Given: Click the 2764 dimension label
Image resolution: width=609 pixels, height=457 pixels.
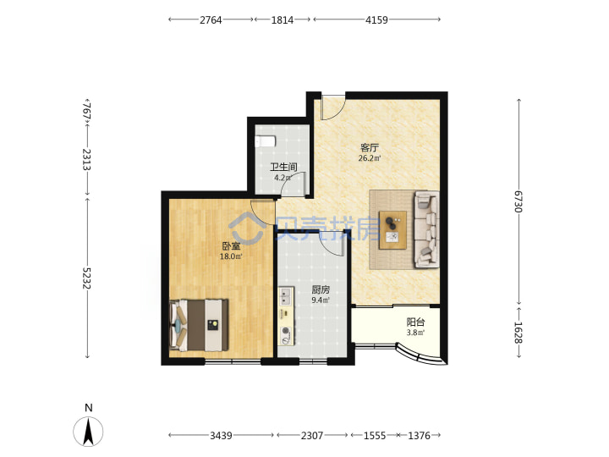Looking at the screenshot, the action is (x=211, y=19).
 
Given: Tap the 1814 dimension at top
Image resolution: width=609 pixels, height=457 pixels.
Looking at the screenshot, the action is (x=283, y=19).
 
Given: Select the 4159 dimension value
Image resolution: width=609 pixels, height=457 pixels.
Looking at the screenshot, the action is (x=376, y=19).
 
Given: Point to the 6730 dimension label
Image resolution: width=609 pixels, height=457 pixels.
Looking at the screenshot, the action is (x=518, y=201).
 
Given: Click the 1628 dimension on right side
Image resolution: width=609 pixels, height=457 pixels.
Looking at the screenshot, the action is (x=518, y=333).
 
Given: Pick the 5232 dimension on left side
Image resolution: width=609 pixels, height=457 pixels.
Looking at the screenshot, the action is (x=86, y=278).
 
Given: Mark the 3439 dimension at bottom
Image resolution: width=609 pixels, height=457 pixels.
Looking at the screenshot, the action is (x=221, y=436).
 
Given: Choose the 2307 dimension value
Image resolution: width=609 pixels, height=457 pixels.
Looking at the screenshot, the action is (x=312, y=436).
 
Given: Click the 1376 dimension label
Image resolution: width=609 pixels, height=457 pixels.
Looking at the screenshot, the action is (x=419, y=436).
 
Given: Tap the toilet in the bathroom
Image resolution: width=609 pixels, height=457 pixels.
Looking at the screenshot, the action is (x=266, y=141).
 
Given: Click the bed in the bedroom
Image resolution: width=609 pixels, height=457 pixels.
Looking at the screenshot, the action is (x=199, y=325).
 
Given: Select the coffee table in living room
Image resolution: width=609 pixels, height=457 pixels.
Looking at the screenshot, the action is (x=392, y=230).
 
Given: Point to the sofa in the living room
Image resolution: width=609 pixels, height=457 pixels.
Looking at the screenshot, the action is (x=426, y=229).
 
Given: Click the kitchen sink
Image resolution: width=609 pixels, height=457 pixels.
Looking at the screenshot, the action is (x=286, y=296).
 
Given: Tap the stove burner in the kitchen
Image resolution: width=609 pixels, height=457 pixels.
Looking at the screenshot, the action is (x=286, y=332).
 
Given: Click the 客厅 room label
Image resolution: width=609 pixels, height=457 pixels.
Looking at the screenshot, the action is (x=370, y=147).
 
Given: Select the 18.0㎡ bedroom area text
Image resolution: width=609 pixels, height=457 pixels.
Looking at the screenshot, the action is (x=231, y=256).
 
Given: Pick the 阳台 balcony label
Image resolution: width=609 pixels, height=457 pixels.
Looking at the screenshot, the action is (x=415, y=322).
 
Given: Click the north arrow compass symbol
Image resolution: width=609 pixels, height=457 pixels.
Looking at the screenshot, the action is (x=89, y=432).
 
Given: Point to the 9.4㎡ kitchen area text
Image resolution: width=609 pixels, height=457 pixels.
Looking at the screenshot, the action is (x=321, y=300).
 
